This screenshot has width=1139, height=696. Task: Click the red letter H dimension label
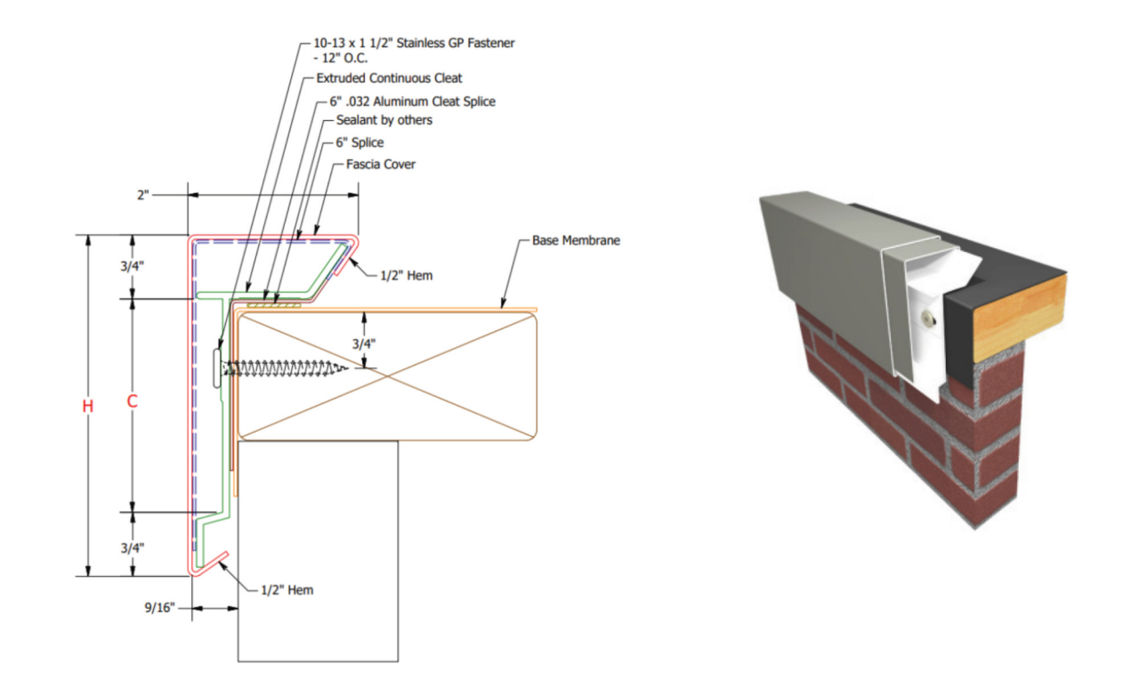87,406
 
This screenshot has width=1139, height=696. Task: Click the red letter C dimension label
132,402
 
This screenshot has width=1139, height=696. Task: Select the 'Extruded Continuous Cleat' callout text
389,78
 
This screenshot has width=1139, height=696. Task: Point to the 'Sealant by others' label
384,120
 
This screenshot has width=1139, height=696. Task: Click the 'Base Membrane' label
576,240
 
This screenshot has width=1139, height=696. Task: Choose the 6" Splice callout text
359,142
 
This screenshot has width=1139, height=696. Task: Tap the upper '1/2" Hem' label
407,275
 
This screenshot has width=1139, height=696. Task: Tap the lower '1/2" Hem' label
287,589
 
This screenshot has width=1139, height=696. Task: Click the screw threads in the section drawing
285,368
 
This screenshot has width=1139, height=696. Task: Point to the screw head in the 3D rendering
927,317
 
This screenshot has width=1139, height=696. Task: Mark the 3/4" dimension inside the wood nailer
359,343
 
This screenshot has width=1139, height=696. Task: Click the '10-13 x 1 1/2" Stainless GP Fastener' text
415,42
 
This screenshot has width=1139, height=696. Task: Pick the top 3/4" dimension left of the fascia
132,265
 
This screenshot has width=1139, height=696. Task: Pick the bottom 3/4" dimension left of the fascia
132,547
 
